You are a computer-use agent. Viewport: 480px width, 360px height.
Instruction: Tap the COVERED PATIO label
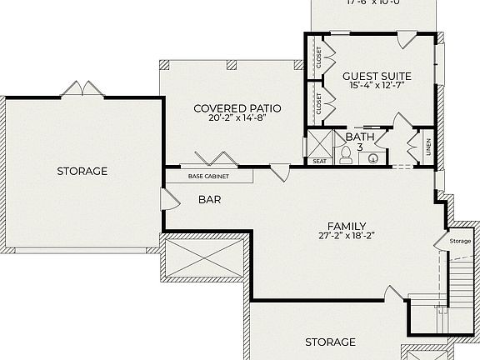point(237,108)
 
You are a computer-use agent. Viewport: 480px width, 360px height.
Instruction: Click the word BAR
point(209,200)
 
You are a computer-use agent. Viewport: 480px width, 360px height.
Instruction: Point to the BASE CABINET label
point(208,177)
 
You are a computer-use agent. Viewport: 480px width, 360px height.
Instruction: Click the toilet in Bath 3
point(346,154)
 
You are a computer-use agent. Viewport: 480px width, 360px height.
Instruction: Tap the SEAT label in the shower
point(319,161)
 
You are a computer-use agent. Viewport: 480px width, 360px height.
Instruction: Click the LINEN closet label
point(428,146)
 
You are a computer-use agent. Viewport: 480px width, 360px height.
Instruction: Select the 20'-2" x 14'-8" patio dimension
point(237,119)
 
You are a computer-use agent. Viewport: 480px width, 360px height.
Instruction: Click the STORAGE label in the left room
point(82,171)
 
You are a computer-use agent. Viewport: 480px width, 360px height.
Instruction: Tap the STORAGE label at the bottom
point(330,342)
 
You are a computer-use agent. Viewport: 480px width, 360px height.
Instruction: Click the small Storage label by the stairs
point(460,241)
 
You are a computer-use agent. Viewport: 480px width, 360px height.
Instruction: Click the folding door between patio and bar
point(208,160)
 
